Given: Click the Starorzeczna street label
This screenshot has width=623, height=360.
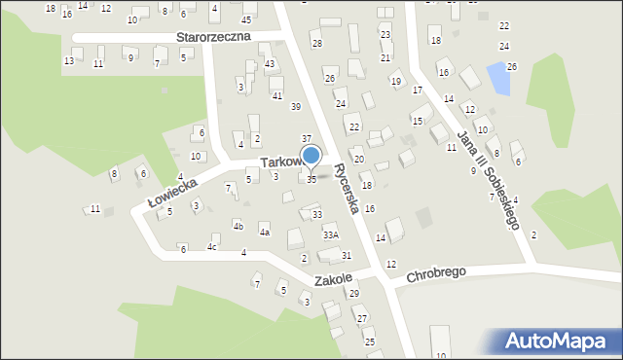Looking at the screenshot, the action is pos(213,36).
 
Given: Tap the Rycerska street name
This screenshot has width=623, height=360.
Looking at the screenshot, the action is pos(348,187).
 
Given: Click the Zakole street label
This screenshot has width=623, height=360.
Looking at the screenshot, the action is pos(331,279).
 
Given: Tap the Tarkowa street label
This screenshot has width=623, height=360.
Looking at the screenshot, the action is pos(280,162).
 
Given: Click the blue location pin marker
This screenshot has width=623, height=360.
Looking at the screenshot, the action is pos(311,156).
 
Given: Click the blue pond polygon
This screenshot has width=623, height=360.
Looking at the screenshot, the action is pos(498,78).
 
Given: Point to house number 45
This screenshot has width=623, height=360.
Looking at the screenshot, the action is pos(246,19).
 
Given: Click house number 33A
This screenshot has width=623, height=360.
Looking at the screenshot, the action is pos(331,234).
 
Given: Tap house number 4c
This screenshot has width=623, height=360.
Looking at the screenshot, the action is pos(211,247).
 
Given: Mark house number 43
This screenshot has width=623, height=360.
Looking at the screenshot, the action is pos(270,63).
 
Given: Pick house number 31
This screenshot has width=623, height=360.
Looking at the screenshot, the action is pos(347,255).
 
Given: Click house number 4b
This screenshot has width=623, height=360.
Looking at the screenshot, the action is pos(238,226).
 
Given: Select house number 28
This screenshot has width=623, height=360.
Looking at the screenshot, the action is pos(316,44).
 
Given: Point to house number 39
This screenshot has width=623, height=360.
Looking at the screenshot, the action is pos(296,106).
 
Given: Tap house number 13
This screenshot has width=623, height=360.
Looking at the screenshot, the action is pos(68,60).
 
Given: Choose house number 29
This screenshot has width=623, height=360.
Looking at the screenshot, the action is pos(354,293).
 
